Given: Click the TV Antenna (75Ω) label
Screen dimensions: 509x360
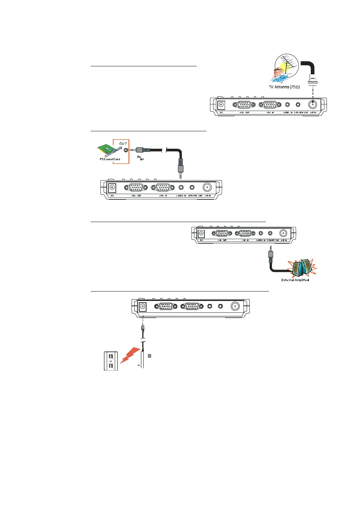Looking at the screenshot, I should point(284,87).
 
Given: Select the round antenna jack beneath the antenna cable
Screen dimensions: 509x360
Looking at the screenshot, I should point(313,104).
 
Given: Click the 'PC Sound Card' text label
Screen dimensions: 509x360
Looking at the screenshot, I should point(110,159).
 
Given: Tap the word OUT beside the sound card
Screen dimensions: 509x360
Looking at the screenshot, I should point(123,143).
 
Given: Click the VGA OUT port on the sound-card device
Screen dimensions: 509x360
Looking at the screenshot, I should point(136,187).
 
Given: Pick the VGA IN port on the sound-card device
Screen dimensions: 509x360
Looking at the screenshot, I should point(163,187).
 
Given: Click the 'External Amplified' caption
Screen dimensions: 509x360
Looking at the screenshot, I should point(295,280).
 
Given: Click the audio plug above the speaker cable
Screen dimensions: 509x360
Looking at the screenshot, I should point(270,254).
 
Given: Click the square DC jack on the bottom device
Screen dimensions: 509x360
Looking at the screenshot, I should point(142,307).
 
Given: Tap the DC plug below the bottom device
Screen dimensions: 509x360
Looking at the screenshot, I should point(143,329).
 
